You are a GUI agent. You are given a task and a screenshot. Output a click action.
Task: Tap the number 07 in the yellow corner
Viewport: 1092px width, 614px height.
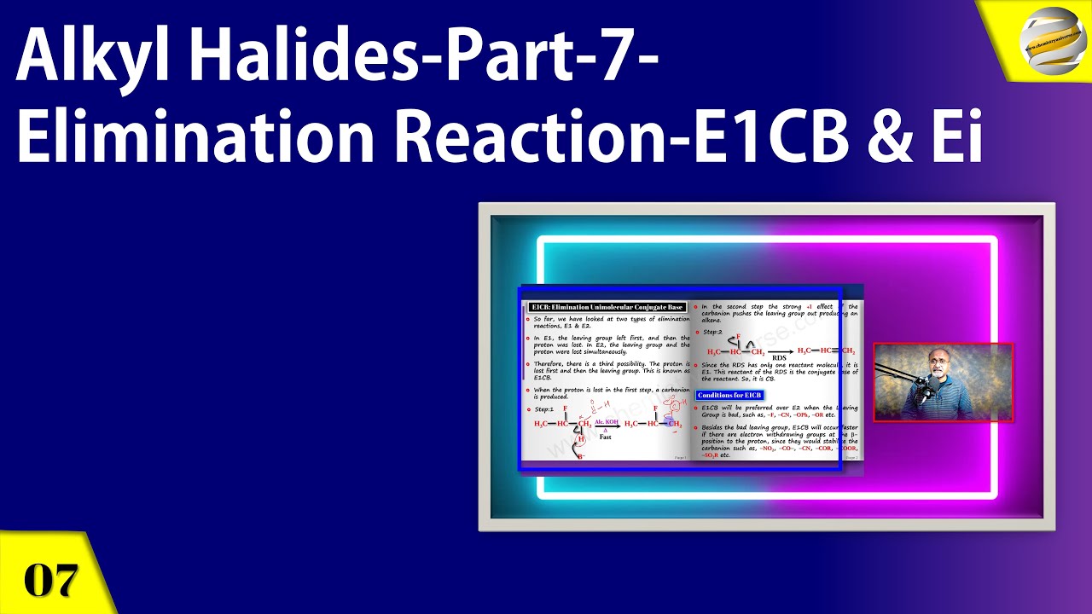click(51, 580)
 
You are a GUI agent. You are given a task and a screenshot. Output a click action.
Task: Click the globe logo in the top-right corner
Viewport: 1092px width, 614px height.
click(1049, 40)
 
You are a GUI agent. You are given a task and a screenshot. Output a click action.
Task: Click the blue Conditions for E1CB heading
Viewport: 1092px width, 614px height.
click(729, 396)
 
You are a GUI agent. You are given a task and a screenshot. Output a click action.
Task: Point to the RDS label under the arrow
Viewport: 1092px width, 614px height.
click(778, 358)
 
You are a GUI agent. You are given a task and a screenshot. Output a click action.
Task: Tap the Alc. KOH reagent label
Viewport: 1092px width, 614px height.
click(606, 421)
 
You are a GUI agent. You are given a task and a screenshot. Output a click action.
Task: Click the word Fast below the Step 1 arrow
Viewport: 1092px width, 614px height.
click(605, 437)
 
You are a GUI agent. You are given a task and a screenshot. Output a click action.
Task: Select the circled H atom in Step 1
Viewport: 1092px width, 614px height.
click(582, 439)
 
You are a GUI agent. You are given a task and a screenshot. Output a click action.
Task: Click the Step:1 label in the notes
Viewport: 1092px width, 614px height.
click(544, 409)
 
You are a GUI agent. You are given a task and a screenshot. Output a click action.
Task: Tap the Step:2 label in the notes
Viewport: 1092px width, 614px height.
click(712, 331)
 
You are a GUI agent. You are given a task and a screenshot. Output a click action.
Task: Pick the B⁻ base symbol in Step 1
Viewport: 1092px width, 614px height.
click(581, 456)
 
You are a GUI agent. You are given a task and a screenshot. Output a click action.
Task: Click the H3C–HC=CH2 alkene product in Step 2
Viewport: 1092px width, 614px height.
click(825, 350)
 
